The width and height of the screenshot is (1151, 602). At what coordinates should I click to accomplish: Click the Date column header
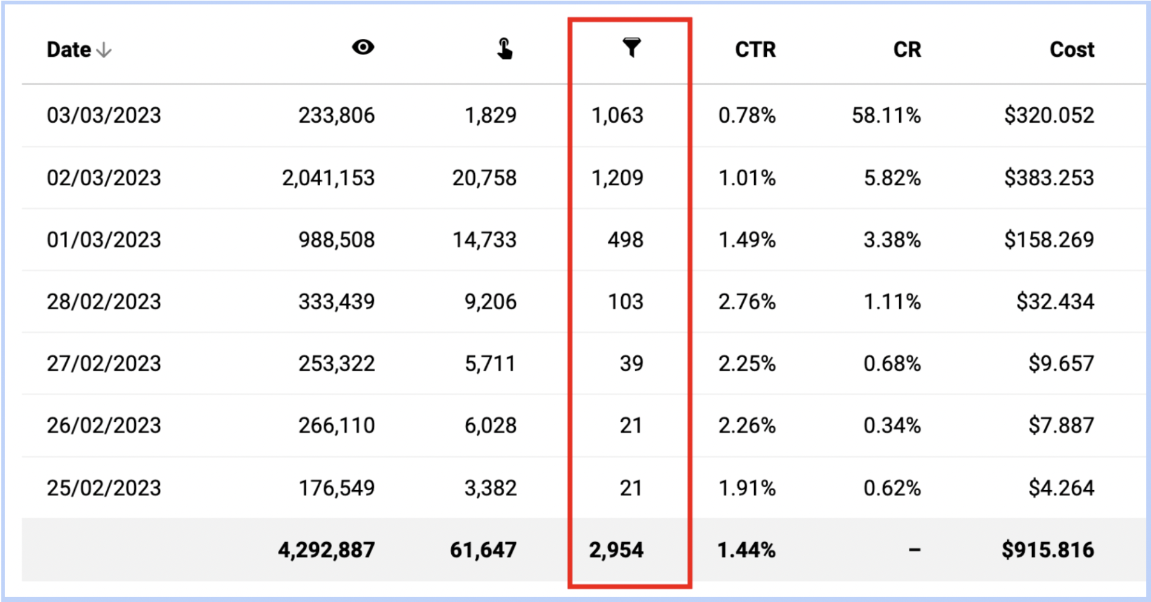pyautogui.click(x=69, y=50)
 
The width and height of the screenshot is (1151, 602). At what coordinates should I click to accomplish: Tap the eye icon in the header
pyautogui.click(x=363, y=47)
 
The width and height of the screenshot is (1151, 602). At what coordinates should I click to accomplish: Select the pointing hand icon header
pyautogui.click(x=504, y=49)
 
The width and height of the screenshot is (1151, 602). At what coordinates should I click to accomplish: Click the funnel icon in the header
pyautogui.click(x=631, y=47)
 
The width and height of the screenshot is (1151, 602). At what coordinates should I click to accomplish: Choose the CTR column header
pyautogui.click(x=755, y=50)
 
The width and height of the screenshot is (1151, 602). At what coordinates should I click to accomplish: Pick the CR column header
pyautogui.click(x=907, y=50)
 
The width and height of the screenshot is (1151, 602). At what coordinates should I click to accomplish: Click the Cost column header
pyautogui.click(x=1072, y=50)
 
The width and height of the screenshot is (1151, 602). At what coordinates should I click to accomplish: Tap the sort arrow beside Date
pyautogui.click(x=104, y=50)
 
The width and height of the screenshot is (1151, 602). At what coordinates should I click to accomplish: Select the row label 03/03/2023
pyautogui.click(x=104, y=116)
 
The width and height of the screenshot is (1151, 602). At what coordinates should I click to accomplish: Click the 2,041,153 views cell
pyautogui.click(x=328, y=178)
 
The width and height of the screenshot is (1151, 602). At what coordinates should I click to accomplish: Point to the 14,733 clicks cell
pyautogui.click(x=484, y=240)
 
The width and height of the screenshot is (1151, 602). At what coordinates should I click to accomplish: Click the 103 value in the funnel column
pyautogui.click(x=625, y=302)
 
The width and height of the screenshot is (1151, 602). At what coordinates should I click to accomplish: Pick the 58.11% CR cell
pyautogui.click(x=886, y=116)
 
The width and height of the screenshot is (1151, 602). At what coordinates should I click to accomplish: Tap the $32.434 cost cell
pyautogui.click(x=1055, y=302)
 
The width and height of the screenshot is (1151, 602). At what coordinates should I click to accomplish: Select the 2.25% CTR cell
pyautogui.click(x=746, y=364)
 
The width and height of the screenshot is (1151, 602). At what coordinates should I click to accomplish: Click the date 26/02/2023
pyautogui.click(x=104, y=426)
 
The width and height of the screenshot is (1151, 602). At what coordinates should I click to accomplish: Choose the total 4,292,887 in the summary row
pyautogui.click(x=326, y=550)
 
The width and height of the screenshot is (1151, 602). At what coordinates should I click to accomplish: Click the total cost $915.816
pyautogui.click(x=1047, y=550)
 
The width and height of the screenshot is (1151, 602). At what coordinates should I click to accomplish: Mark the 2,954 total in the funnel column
pyautogui.click(x=616, y=550)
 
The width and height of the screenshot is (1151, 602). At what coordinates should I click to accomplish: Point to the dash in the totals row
pyautogui.click(x=915, y=550)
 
